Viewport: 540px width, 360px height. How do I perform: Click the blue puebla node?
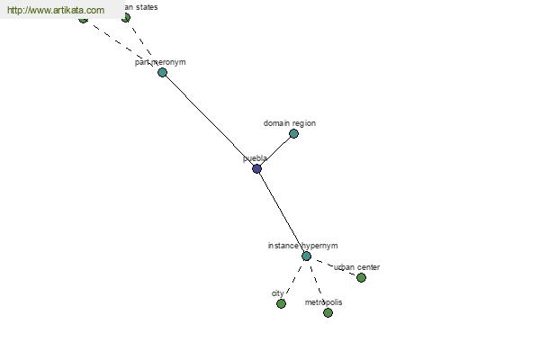tap(256, 168)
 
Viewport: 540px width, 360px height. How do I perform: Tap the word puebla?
tap(255, 158)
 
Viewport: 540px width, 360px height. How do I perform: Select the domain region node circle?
tap(293, 133)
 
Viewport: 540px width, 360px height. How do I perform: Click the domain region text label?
tap(290, 123)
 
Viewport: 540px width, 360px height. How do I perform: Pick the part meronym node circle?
tap(162, 72)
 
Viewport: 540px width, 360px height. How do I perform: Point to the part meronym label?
tap(160, 62)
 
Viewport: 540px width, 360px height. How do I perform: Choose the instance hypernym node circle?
tap(306, 256)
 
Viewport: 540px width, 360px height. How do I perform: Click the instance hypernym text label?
tap(302, 246)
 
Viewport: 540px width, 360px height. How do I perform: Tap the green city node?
tap(281, 303)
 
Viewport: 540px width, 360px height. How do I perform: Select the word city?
tap(278, 293)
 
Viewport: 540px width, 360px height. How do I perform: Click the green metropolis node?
tap(328, 312)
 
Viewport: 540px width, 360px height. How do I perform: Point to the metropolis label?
tap(323, 302)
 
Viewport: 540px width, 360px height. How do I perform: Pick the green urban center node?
tap(361, 277)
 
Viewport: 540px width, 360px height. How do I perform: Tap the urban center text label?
tap(357, 267)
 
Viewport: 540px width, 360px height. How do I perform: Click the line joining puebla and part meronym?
tap(209, 120)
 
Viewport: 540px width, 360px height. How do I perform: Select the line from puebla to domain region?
tap(275, 150)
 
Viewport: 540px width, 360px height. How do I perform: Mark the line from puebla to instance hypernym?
tap(282, 212)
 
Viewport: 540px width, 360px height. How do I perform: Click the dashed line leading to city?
tap(293, 279)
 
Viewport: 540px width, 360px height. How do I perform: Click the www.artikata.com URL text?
tap(55, 11)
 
